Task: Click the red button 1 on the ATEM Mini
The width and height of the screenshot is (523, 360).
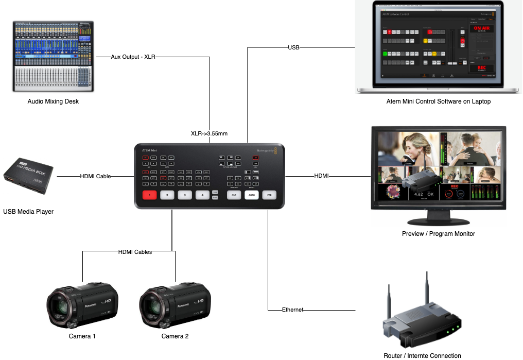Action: tap(149, 195)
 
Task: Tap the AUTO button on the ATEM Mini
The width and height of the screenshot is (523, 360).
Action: tap(251, 195)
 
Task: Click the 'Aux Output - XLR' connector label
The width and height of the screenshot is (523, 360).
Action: tap(133, 57)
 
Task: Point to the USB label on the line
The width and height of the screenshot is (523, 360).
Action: tap(293, 47)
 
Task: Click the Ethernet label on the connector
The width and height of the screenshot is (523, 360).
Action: tap(292, 310)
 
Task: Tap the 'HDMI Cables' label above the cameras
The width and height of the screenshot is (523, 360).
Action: tap(135, 252)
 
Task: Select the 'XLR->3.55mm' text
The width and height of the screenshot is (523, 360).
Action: tap(209, 133)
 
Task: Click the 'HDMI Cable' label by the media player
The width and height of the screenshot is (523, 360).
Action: tap(95, 176)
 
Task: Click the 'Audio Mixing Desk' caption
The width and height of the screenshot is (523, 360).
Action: tap(53, 101)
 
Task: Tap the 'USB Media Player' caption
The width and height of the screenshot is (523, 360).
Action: tap(28, 211)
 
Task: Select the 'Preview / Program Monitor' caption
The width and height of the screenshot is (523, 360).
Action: tap(438, 233)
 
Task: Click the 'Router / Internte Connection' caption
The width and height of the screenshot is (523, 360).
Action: tap(422, 355)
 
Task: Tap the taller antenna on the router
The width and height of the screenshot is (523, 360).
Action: tap(426, 294)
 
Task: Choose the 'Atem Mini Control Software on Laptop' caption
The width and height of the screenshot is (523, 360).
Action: tap(438, 101)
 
